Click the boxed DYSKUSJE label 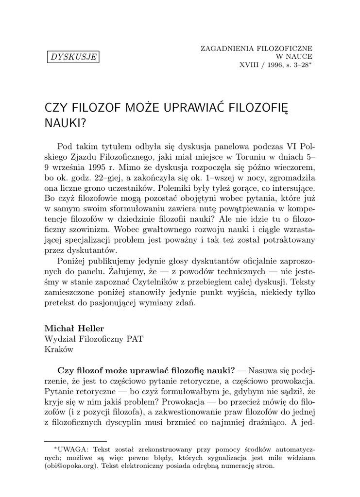[x=73, y=57]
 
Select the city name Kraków [x=59, y=348]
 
